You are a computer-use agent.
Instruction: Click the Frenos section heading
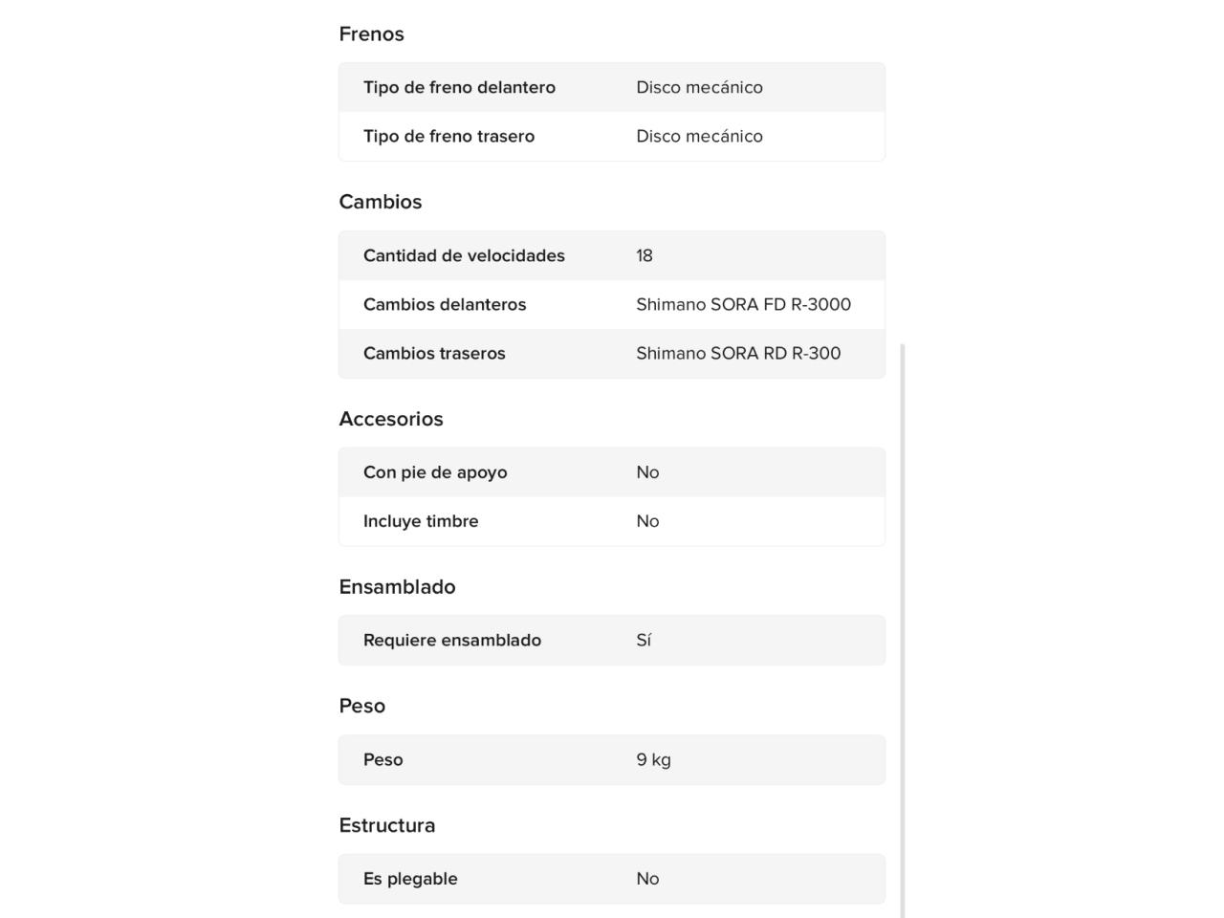371,34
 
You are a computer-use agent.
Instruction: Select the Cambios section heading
380,202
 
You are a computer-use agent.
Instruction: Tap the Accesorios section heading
390,419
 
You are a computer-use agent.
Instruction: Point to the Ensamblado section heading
397,587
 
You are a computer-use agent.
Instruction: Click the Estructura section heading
386,825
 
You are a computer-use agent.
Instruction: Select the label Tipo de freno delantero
459,87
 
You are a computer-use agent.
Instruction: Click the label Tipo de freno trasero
448,136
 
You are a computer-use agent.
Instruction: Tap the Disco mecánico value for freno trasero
699,136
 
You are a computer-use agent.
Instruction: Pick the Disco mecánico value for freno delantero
699,87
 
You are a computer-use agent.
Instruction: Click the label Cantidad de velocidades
464,255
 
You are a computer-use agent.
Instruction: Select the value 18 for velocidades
645,255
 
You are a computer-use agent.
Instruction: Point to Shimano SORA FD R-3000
743,304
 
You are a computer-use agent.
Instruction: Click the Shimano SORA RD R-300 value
738,353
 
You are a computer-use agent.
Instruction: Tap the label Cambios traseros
434,353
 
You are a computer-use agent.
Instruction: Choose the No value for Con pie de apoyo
647,472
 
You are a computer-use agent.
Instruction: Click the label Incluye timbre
421,521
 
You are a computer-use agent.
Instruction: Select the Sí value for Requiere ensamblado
644,641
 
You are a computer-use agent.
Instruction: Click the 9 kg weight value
653,760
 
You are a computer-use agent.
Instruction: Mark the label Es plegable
410,879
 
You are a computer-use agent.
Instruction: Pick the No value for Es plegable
647,879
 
